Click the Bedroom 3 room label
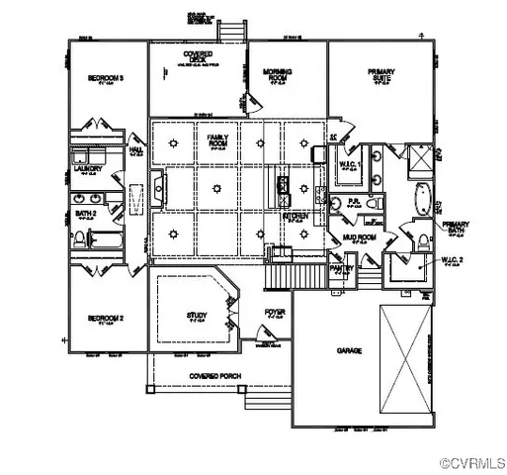pyautogui.click(x=104, y=77)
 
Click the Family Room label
pyautogui.click(x=211, y=142)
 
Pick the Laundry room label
pyautogui.click(x=89, y=169)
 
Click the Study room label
pyautogui.click(x=197, y=317)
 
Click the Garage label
pyautogui.click(x=349, y=351)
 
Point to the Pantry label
pyautogui.click(x=341, y=268)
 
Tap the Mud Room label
pyautogui.click(x=357, y=238)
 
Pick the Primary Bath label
pyautogui.click(x=456, y=228)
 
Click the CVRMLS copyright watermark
pyautogui.click(x=472, y=462)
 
